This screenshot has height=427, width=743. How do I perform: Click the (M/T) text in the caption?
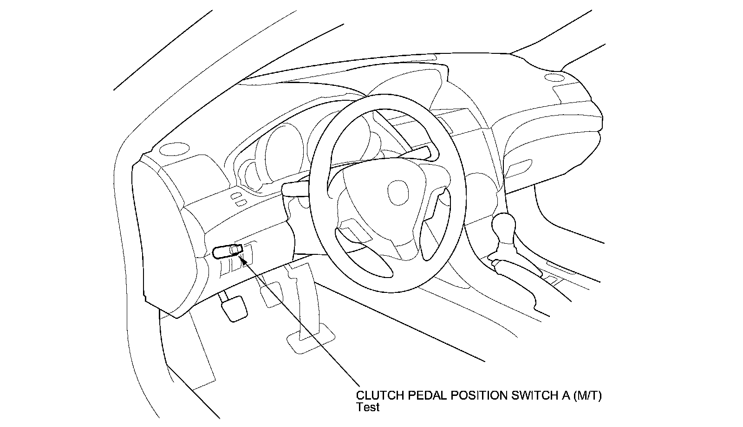[x=587, y=395]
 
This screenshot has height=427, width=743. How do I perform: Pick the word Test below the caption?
[x=368, y=407]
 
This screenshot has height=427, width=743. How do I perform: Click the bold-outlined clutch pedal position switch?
[x=228, y=251]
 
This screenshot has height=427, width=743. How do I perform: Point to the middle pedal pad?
[x=270, y=295]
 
